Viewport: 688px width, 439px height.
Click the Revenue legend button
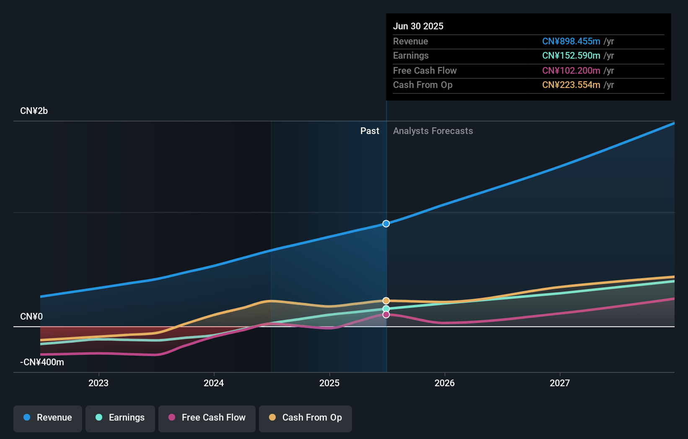point(48,418)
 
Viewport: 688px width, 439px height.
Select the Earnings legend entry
point(120,418)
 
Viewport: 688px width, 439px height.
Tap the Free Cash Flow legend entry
point(207,418)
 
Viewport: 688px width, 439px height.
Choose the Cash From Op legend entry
point(305,418)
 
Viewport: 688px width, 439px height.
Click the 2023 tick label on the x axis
point(98,383)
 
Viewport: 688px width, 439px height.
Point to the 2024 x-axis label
point(214,383)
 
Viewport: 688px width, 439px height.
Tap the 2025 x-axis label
point(329,383)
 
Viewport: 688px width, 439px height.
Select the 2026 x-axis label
point(445,383)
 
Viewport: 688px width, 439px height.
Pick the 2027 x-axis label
point(560,383)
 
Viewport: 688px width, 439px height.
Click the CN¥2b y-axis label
point(34,111)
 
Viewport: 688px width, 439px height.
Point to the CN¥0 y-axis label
point(31,317)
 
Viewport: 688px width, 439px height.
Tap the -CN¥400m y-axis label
point(42,362)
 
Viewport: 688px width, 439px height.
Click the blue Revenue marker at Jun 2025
point(386,224)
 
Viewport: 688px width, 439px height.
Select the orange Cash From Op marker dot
point(386,301)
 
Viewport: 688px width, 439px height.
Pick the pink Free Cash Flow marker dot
point(386,315)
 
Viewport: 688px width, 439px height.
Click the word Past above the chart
point(370,131)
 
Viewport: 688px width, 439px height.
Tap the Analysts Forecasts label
point(433,131)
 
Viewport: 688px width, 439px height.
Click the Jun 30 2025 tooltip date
point(418,26)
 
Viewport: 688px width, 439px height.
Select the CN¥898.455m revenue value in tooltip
point(571,41)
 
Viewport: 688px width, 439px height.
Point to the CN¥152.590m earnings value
point(571,56)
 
